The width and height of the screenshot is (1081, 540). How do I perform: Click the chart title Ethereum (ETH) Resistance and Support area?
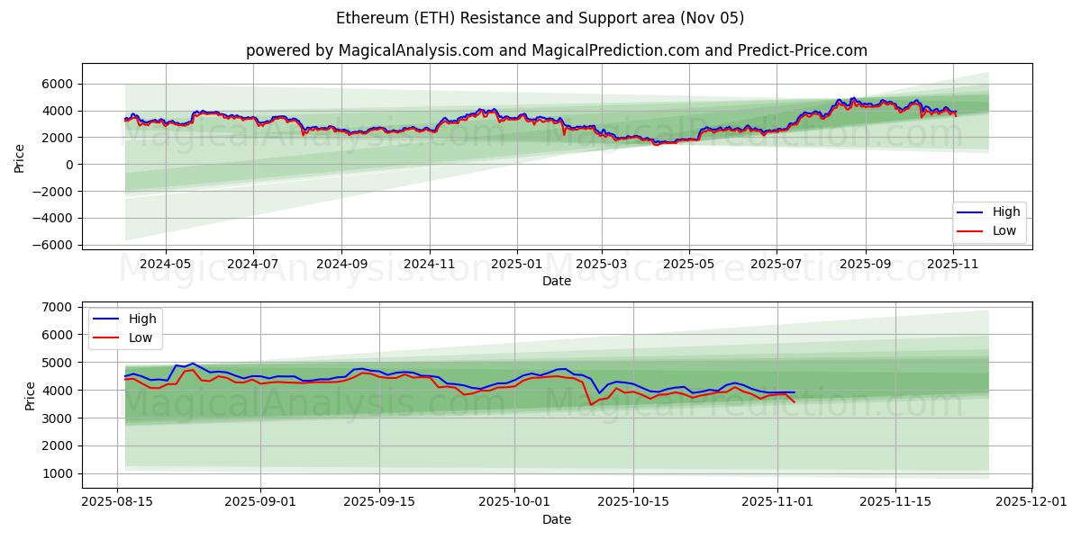540,18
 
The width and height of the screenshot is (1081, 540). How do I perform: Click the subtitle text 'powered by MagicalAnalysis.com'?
369,50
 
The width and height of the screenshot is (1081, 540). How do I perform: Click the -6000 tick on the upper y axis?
53,245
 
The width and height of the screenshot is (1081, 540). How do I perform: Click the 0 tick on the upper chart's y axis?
69,165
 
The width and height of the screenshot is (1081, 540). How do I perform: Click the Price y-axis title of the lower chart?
30,395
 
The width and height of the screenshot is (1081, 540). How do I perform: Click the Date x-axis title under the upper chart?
556,282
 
